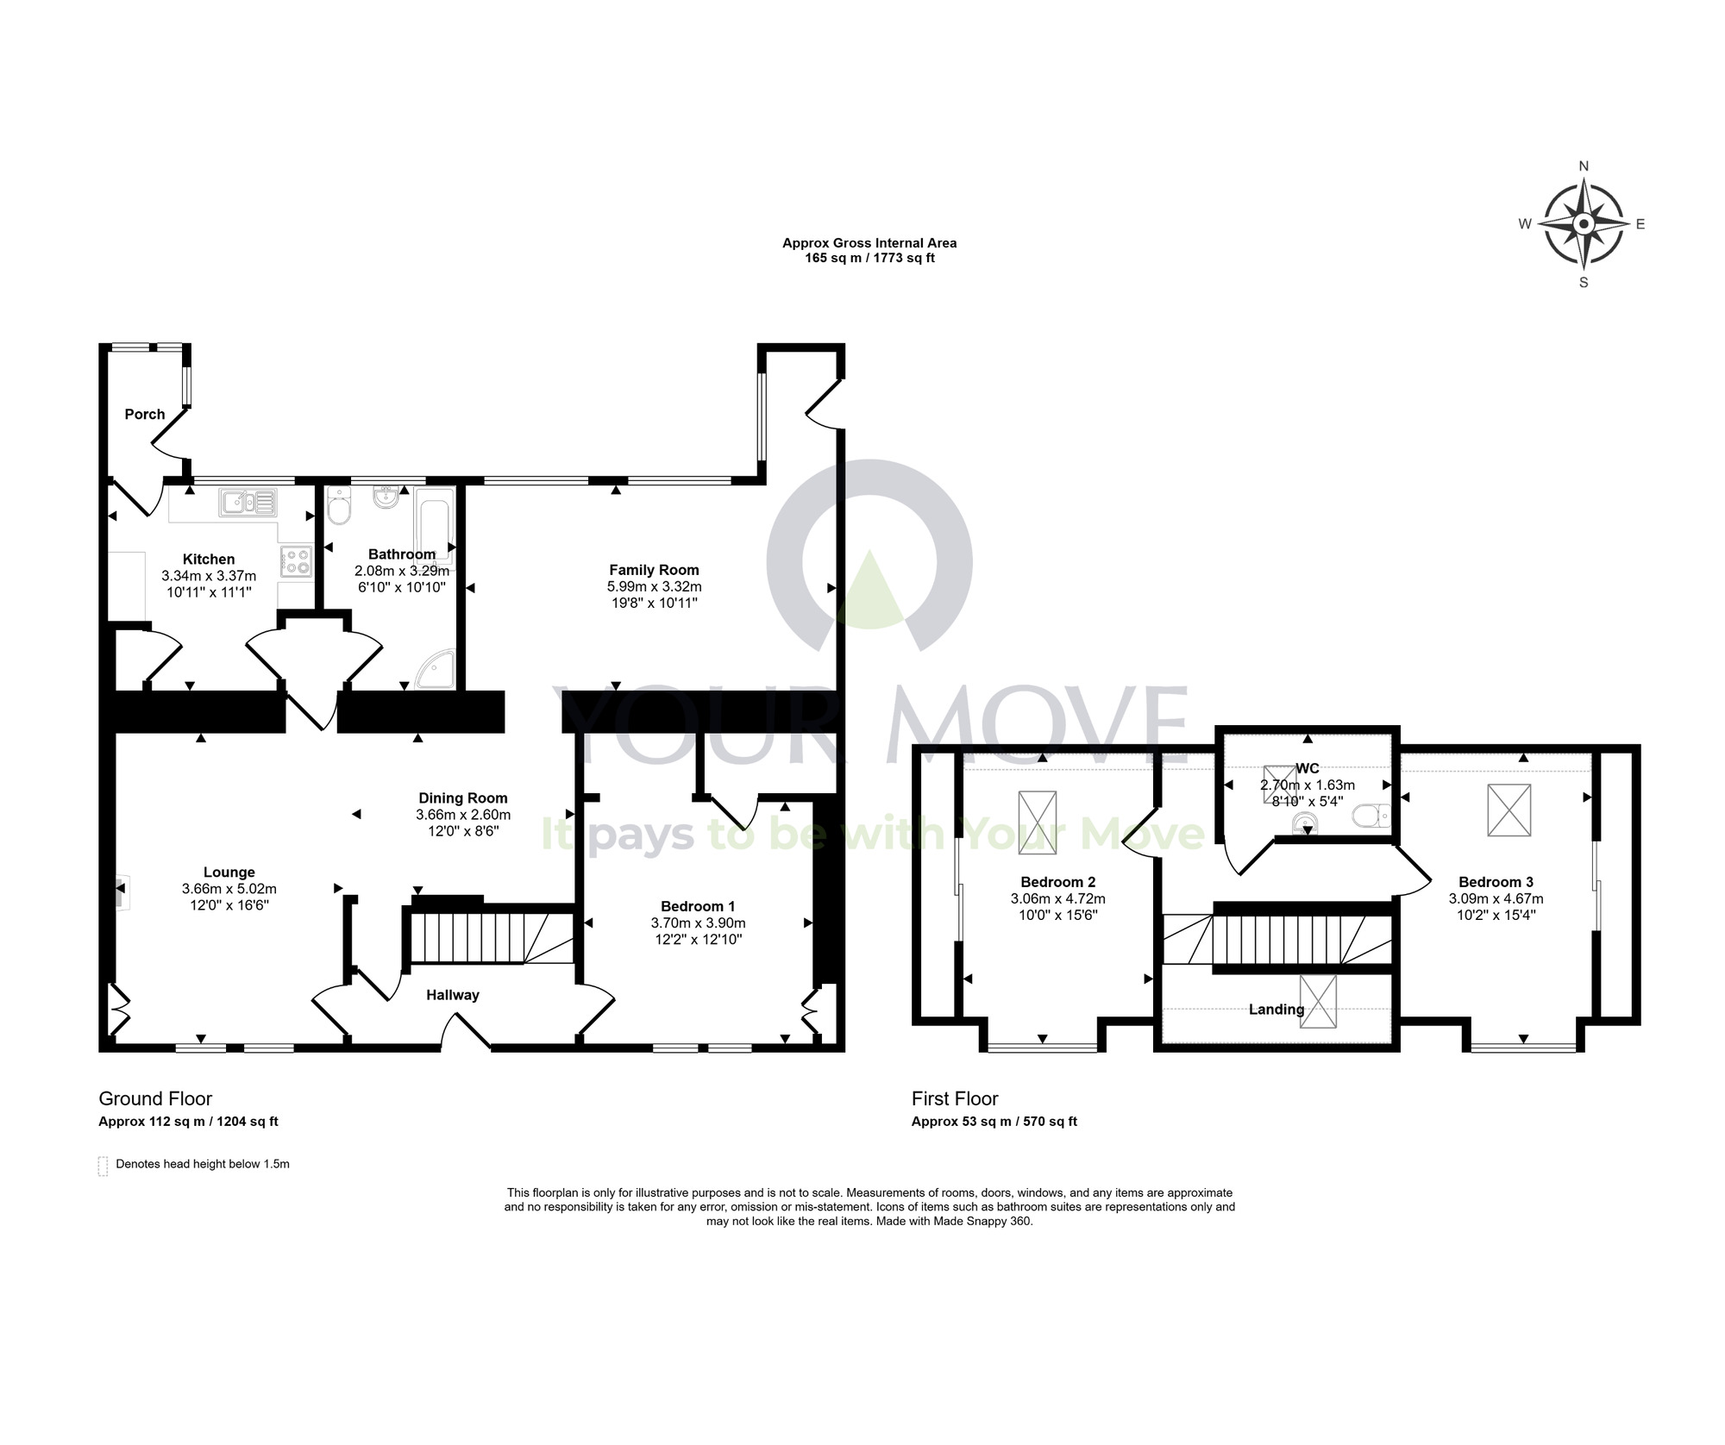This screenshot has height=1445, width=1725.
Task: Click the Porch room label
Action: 145,414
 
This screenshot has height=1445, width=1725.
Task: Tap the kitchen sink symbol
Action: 248,502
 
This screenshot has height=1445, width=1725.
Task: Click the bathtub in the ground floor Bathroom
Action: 435,527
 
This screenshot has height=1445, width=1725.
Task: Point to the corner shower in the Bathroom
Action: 436,669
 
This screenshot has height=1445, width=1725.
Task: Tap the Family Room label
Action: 654,570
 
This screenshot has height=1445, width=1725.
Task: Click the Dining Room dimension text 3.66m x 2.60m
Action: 463,815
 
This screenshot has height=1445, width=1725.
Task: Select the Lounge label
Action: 229,873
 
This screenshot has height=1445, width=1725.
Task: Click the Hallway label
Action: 453,995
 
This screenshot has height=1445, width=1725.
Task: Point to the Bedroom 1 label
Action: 698,906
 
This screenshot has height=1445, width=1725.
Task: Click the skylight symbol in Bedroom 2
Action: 1038,823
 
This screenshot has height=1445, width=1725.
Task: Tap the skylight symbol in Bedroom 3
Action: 1509,810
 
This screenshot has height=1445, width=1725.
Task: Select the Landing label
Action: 1276,1010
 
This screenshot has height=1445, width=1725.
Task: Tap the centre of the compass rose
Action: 1584,224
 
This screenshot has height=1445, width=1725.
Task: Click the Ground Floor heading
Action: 155,1098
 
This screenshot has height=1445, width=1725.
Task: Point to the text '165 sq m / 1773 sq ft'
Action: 869,258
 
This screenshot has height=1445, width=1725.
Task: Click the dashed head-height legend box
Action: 103,1167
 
